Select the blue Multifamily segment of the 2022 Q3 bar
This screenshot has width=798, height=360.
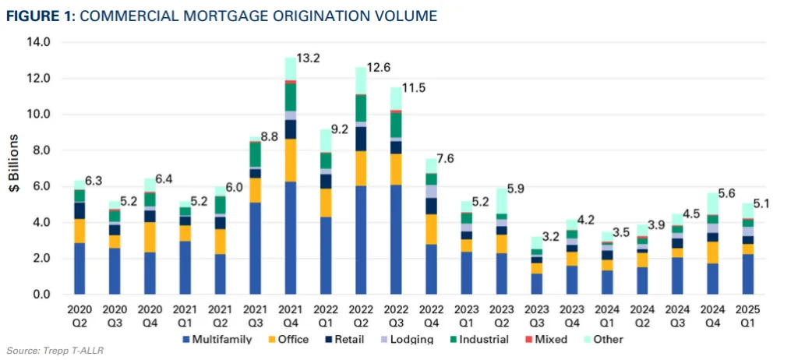(x=396, y=239)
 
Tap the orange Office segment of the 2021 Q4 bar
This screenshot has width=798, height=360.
(x=290, y=160)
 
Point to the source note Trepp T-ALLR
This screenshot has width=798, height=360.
(x=54, y=351)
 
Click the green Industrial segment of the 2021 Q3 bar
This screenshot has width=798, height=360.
(x=255, y=154)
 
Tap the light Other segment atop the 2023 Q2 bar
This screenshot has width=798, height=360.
(x=501, y=201)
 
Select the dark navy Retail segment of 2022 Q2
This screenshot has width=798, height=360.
(x=360, y=138)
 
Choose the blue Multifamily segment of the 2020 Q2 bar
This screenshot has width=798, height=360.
(x=79, y=268)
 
